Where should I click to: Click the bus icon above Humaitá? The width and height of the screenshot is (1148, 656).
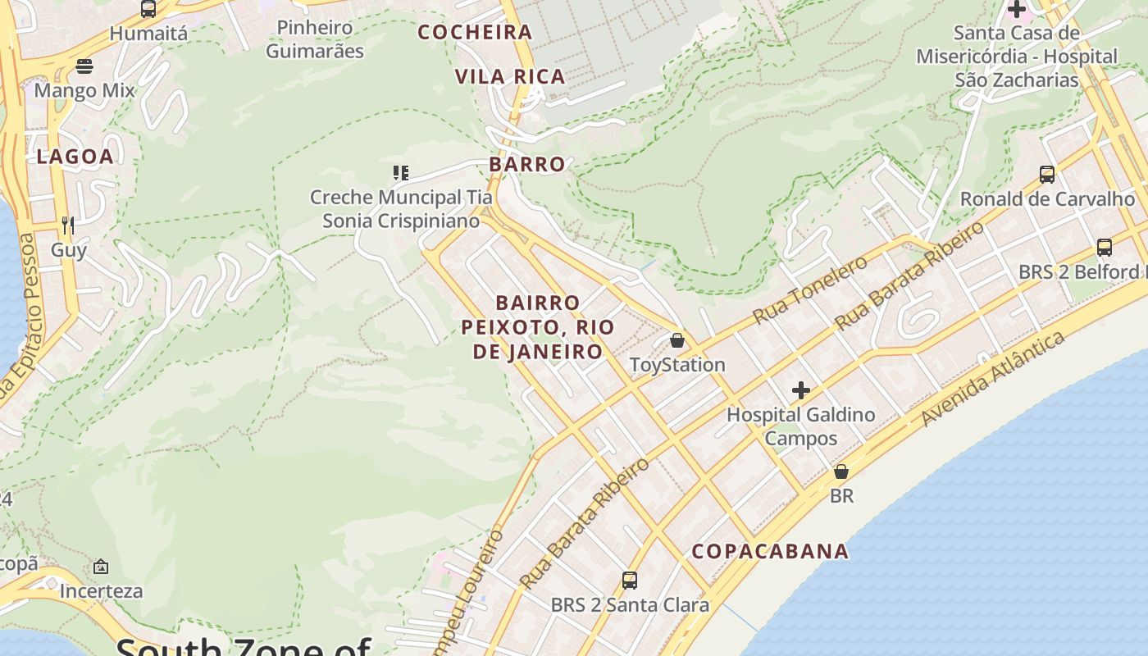point(148,9)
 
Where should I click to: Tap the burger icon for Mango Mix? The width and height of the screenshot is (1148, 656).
point(84,66)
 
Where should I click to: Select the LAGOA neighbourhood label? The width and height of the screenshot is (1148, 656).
point(75,157)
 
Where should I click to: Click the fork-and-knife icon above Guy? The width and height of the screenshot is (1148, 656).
point(68,225)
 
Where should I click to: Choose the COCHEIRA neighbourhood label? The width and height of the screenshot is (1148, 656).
point(475,33)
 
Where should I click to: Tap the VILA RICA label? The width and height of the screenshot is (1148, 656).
point(510,77)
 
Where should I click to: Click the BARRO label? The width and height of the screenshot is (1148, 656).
point(527,164)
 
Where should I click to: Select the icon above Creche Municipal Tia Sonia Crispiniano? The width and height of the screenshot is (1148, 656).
point(400,173)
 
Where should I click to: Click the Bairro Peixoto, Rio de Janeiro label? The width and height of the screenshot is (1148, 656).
point(538,327)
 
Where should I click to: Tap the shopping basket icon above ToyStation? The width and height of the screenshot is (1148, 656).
point(677,340)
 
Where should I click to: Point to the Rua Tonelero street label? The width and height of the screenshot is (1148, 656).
point(809,289)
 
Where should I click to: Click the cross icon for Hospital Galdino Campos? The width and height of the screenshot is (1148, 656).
point(801,390)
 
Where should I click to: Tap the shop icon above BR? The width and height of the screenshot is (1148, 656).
point(841,471)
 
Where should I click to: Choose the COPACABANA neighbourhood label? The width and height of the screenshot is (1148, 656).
point(770,551)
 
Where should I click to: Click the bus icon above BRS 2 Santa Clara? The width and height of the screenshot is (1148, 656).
point(630,581)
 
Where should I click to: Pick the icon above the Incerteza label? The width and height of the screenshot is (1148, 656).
point(101,567)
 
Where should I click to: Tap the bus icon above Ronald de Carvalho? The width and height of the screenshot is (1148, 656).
point(1047,175)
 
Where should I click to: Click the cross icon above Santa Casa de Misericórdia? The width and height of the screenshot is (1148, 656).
point(1017,10)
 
